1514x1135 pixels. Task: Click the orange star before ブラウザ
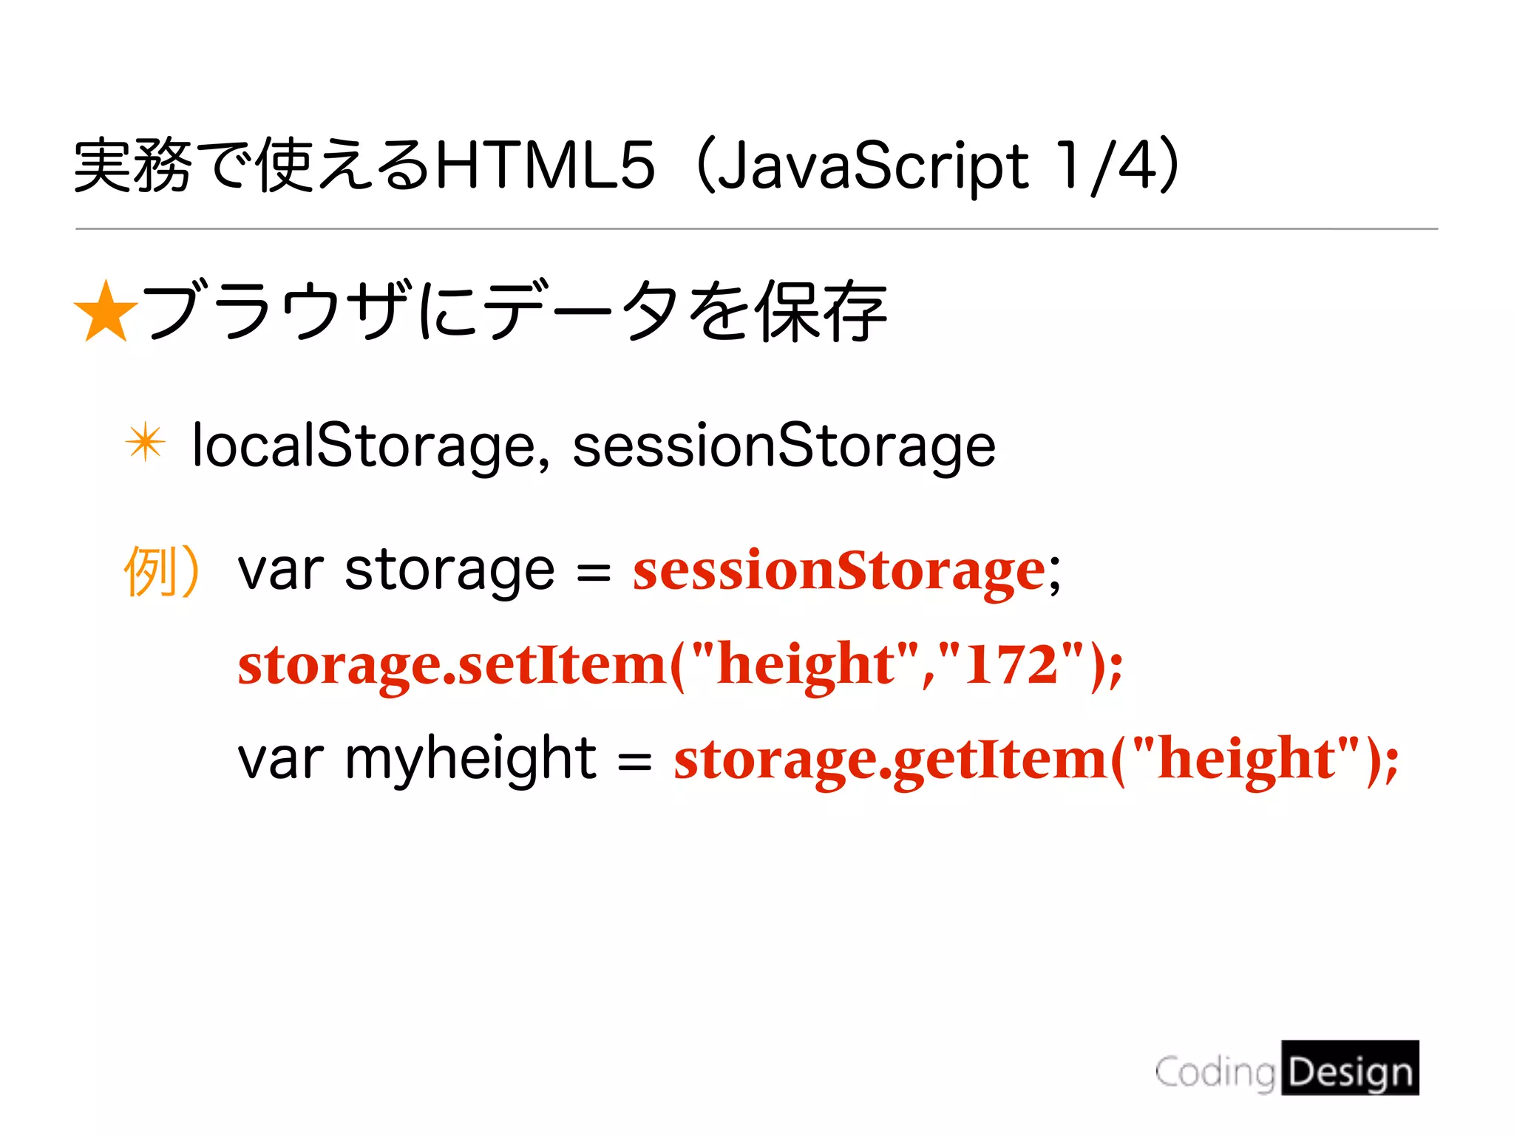click(x=106, y=312)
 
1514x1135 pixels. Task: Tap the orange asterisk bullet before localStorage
click(x=145, y=443)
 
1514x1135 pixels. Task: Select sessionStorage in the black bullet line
click(x=784, y=446)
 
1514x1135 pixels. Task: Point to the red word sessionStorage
click(x=839, y=571)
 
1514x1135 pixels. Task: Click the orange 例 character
click(x=150, y=571)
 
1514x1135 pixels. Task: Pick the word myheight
click(x=470, y=760)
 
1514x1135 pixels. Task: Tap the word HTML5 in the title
click(x=546, y=166)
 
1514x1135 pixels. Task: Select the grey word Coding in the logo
click(x=1215, y=1072)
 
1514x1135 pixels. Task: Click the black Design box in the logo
click(x=1350, y=1068)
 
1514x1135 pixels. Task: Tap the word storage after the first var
click(x=449, y=571)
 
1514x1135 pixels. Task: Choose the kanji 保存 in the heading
click(x=822, y=312)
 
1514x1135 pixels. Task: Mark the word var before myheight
click(x=280, y=760)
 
